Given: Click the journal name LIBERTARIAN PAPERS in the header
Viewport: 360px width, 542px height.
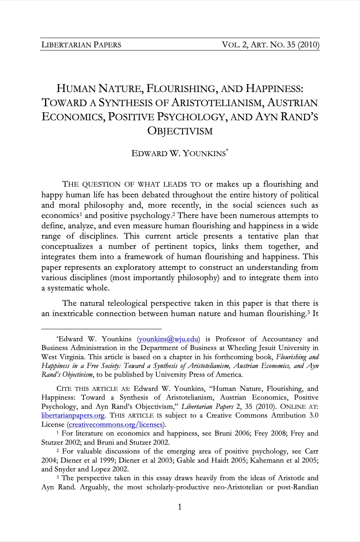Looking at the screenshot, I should tap(81, 45).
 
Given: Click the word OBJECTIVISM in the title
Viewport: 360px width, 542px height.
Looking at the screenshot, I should tap(180, 131).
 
